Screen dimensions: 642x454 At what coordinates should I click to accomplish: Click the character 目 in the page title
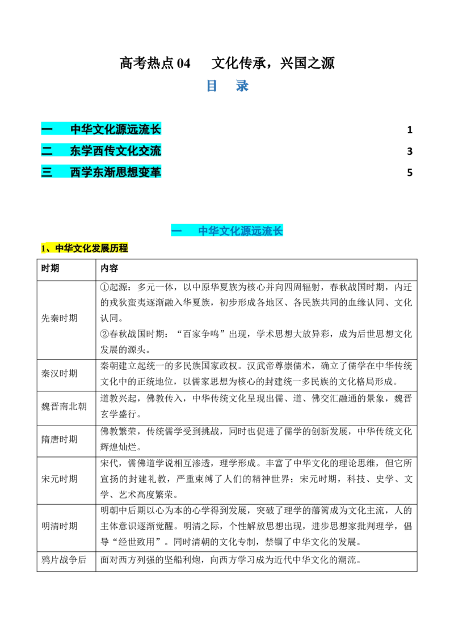coord(211,86)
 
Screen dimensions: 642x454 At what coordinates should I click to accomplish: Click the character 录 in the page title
coord(242,86)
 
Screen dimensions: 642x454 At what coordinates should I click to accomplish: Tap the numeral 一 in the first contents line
coord(47,129)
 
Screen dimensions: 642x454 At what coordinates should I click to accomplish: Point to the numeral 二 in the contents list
coord(47,151)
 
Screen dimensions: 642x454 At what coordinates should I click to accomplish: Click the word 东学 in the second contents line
coord(81,151)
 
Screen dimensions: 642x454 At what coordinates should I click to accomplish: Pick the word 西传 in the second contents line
coord(104,151)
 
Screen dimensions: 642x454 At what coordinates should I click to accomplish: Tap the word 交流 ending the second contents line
coord(150,151)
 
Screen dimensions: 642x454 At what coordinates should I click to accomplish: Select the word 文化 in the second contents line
coord(127,151)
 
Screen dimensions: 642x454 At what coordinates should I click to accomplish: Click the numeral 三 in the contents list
coord(47,172)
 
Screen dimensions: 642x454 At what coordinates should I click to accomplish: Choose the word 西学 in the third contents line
coord(81,172)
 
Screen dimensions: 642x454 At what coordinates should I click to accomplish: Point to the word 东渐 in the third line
coord(104,172)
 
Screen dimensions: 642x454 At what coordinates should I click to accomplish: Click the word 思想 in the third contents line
coord(127,172)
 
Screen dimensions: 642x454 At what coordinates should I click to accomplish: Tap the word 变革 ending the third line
coord(150,172)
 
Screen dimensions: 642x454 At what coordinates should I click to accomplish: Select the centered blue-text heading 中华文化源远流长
coord(240,231)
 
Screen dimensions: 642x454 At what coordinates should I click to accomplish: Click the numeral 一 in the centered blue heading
coord(176,231)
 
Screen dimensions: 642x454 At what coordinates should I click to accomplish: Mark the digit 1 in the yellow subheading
coord(43,248)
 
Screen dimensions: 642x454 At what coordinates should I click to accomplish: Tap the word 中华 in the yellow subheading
coord(62,248)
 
